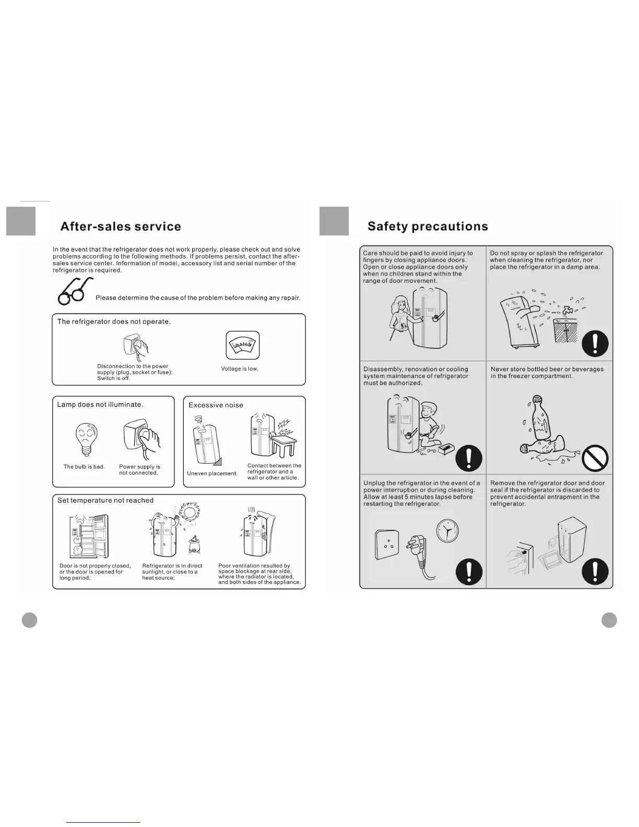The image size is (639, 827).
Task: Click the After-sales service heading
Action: click(x=121, y=227)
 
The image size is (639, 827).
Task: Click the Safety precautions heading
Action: click(x=428, y=227)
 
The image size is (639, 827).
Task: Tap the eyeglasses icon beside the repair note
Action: click(x=75, y=291)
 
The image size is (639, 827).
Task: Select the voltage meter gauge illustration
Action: click(x=242, y=345)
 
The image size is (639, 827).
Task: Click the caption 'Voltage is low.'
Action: click(x=240, y=369)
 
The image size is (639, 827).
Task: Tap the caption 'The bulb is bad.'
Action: click(x=84, y=467)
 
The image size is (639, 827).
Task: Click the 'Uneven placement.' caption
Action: click(x=212, y=474)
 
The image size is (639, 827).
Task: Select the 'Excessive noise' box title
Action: click(x=216, y=405)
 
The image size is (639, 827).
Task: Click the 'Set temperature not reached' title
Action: click(x=105, y=500)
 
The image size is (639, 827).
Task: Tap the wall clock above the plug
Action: click(x=446, y=531)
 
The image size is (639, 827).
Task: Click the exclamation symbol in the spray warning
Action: click(x=595, y=344)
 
